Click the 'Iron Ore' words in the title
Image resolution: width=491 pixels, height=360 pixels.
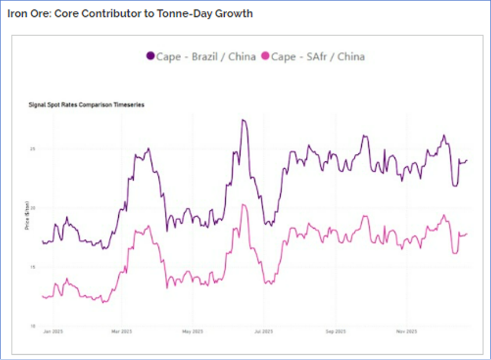[x=28, y=13]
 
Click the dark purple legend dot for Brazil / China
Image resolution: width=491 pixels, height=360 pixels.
[x=150, y=57]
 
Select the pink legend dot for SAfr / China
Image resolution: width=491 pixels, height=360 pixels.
[x=266, y=57]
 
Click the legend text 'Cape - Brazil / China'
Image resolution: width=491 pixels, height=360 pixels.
[x=206, y=57]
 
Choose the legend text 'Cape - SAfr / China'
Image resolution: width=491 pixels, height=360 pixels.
[x=318, y=57]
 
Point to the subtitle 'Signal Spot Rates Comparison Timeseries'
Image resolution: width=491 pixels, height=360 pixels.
[x=87, y=105]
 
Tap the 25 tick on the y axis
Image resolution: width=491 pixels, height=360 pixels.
[x=33, y=149]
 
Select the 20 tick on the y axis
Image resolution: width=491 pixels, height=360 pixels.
[x=33, y=208]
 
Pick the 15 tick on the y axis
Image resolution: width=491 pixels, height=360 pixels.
[x=33, y=267]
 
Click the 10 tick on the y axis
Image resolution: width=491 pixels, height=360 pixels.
[x=33, y=326]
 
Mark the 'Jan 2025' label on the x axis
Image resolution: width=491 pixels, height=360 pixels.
[x=53, y=332]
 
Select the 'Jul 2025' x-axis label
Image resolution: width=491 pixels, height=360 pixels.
[x=264, y=332]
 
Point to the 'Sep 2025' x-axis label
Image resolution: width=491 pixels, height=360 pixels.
[x=336, y=332]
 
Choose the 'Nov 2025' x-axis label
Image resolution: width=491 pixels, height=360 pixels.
[x=407, y=332]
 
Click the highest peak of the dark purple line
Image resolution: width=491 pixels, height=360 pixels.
[x=243, y=120]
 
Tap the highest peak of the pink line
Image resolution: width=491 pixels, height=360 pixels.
[x=243, y=204]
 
